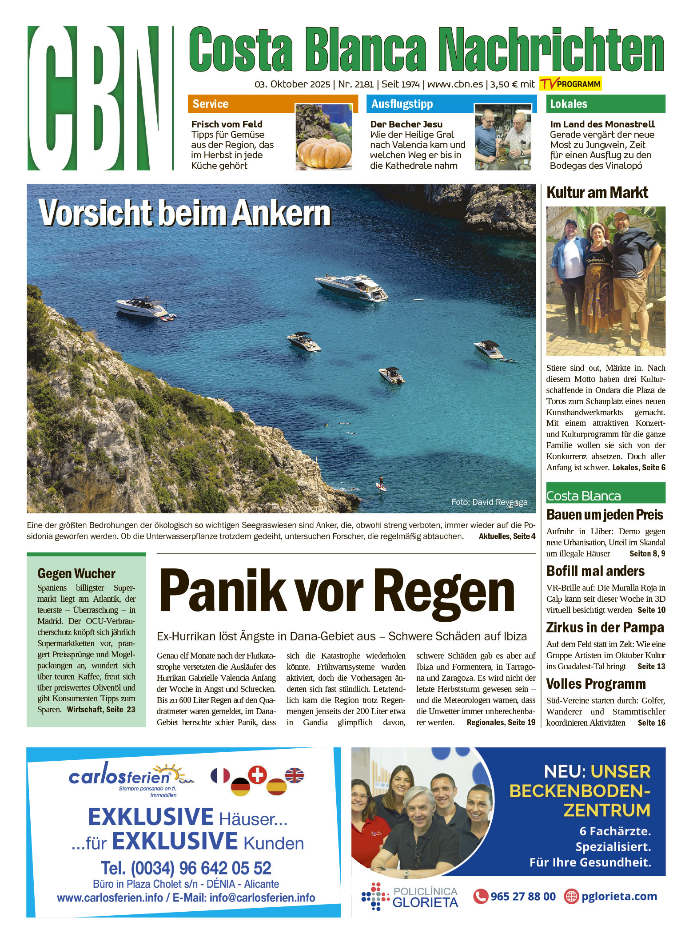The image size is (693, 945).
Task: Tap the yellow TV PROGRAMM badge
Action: pyautogui.click(x=570, y=84)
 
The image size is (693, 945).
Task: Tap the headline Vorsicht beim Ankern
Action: pyautogui.click(x=185, y=213)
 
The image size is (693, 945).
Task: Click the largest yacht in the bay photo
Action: pyautogui.click(x=351, y=286)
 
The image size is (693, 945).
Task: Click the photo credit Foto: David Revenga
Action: pyautogui.click(x=489, y=502)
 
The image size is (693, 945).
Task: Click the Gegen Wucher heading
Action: pyautogui.click(x=76, y=573)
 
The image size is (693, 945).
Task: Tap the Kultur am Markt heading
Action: pyautogui.click(x=597, y=193)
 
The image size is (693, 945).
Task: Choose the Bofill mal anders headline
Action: pyautogui.click(x=595, y=571)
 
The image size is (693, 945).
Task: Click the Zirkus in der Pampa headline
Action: pyautogui.click(x=605, y=627)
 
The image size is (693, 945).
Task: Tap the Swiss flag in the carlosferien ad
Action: pyautogui.click(x=257, y=774)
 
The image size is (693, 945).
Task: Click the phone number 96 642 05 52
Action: pyautogui.click(x=186, y=868)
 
